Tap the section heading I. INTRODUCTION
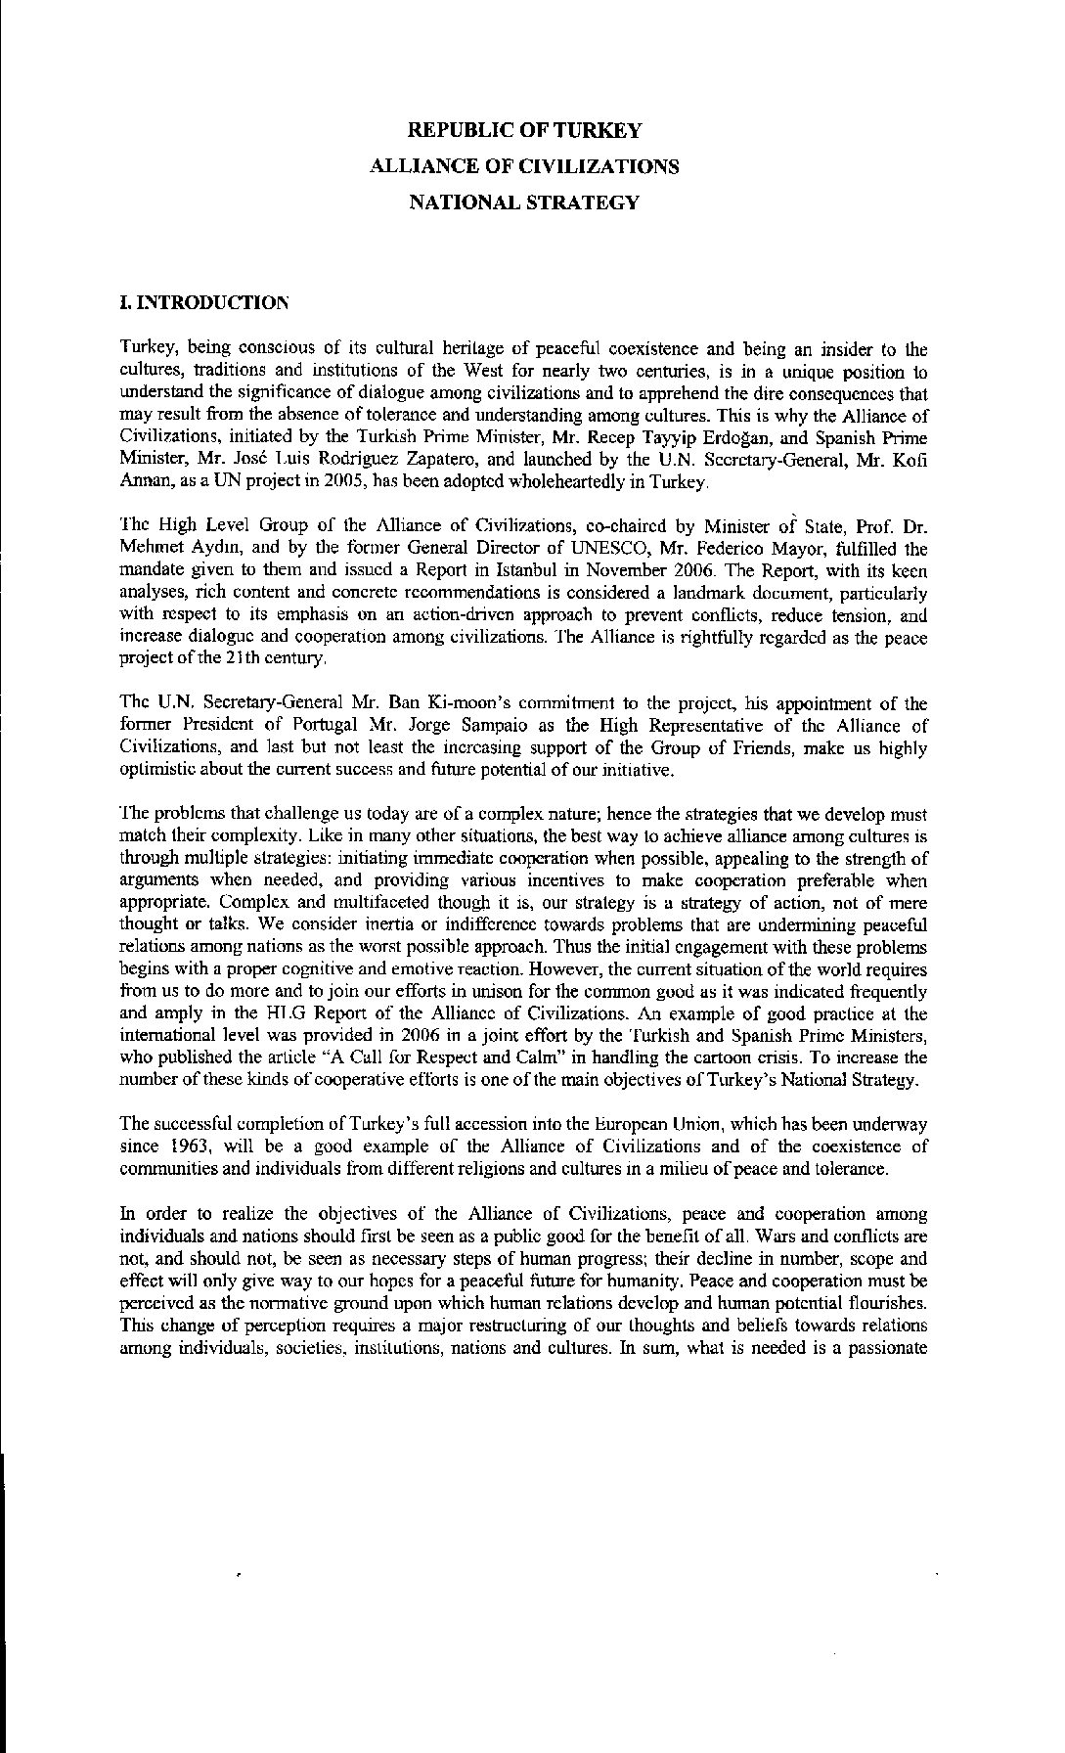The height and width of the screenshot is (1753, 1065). [x=203, y=302]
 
